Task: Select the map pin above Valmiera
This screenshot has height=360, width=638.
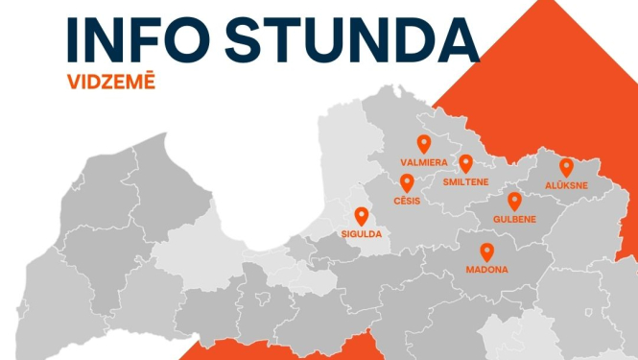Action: click(x=424, y=144)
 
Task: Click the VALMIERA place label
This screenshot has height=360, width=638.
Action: click(x=424, y=163)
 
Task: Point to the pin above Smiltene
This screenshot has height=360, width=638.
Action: click(x=466, y=163)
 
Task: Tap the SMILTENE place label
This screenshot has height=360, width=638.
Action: click(x=466, y=181)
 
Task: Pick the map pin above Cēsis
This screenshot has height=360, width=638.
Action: click(x=407, y=182)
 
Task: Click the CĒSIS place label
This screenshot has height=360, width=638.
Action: click(x=407, y=201)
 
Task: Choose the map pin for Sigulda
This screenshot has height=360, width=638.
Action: click(x=362, y=216)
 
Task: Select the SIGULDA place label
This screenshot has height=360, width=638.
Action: click(x=362, y=234)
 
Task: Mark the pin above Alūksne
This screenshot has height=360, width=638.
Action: click(x=566, y=166)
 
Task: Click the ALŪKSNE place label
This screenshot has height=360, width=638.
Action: click(x=566, y=184)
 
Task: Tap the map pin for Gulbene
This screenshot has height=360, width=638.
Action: click(x=514, y=200)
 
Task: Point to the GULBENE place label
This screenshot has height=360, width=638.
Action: click(x=514, y=219)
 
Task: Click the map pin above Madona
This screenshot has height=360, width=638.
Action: click(x=487, y=252)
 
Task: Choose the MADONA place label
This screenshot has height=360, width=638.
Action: click(x=487, y=271)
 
